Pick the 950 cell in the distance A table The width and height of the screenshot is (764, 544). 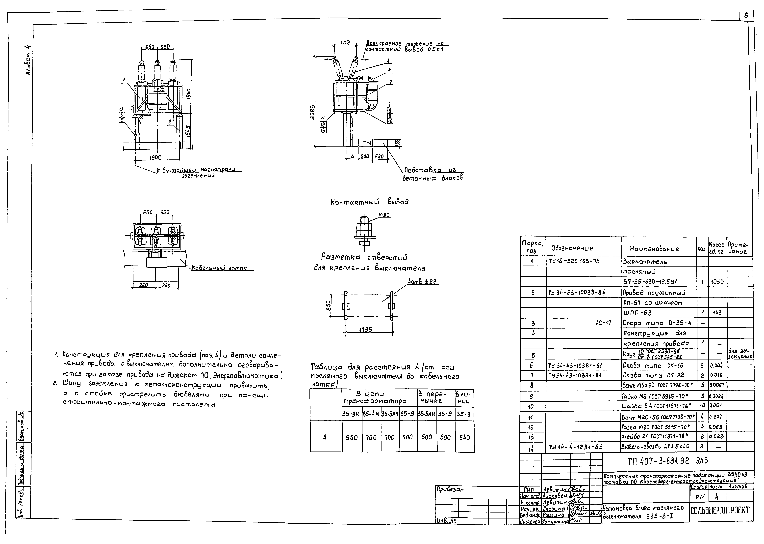click(x=351, y=437)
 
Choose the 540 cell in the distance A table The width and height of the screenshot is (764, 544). click(x=464, y=437)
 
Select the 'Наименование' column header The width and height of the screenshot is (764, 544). click(x=655, y=249)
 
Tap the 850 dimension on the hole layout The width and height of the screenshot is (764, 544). click(x=329, y=305)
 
